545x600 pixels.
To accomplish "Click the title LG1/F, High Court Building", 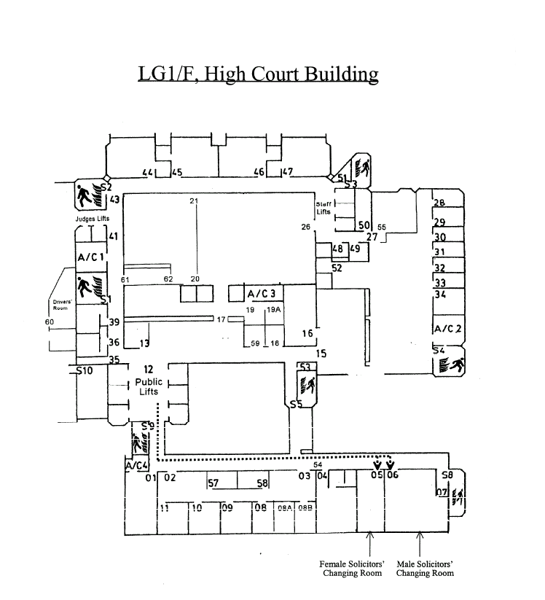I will click(x=258, y=74).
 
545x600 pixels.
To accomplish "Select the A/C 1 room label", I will click(x=92, y=257).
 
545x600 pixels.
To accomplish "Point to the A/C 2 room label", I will click(x=447, y=329).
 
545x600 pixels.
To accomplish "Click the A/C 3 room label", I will click(x=261, y=295).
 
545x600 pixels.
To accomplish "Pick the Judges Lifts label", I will click(x=93, y=218).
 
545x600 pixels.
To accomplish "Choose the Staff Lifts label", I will click(x=324, y=208).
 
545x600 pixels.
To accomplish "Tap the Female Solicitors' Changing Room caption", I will click(x=352, y=569).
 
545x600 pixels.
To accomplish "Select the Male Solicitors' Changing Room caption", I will click(x=425, y=569).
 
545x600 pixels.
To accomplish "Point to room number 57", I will click(x=213, y=483).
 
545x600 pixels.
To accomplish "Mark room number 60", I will click(x=50, y=322).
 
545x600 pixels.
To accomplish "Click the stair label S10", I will click(x=85, y=371).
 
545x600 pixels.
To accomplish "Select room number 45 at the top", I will click(x=176, y=173).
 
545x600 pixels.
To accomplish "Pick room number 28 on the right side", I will click(x=439, y=203).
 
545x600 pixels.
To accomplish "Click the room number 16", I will click(x=307, y=333).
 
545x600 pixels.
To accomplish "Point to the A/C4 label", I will click(x=136, y=465).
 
